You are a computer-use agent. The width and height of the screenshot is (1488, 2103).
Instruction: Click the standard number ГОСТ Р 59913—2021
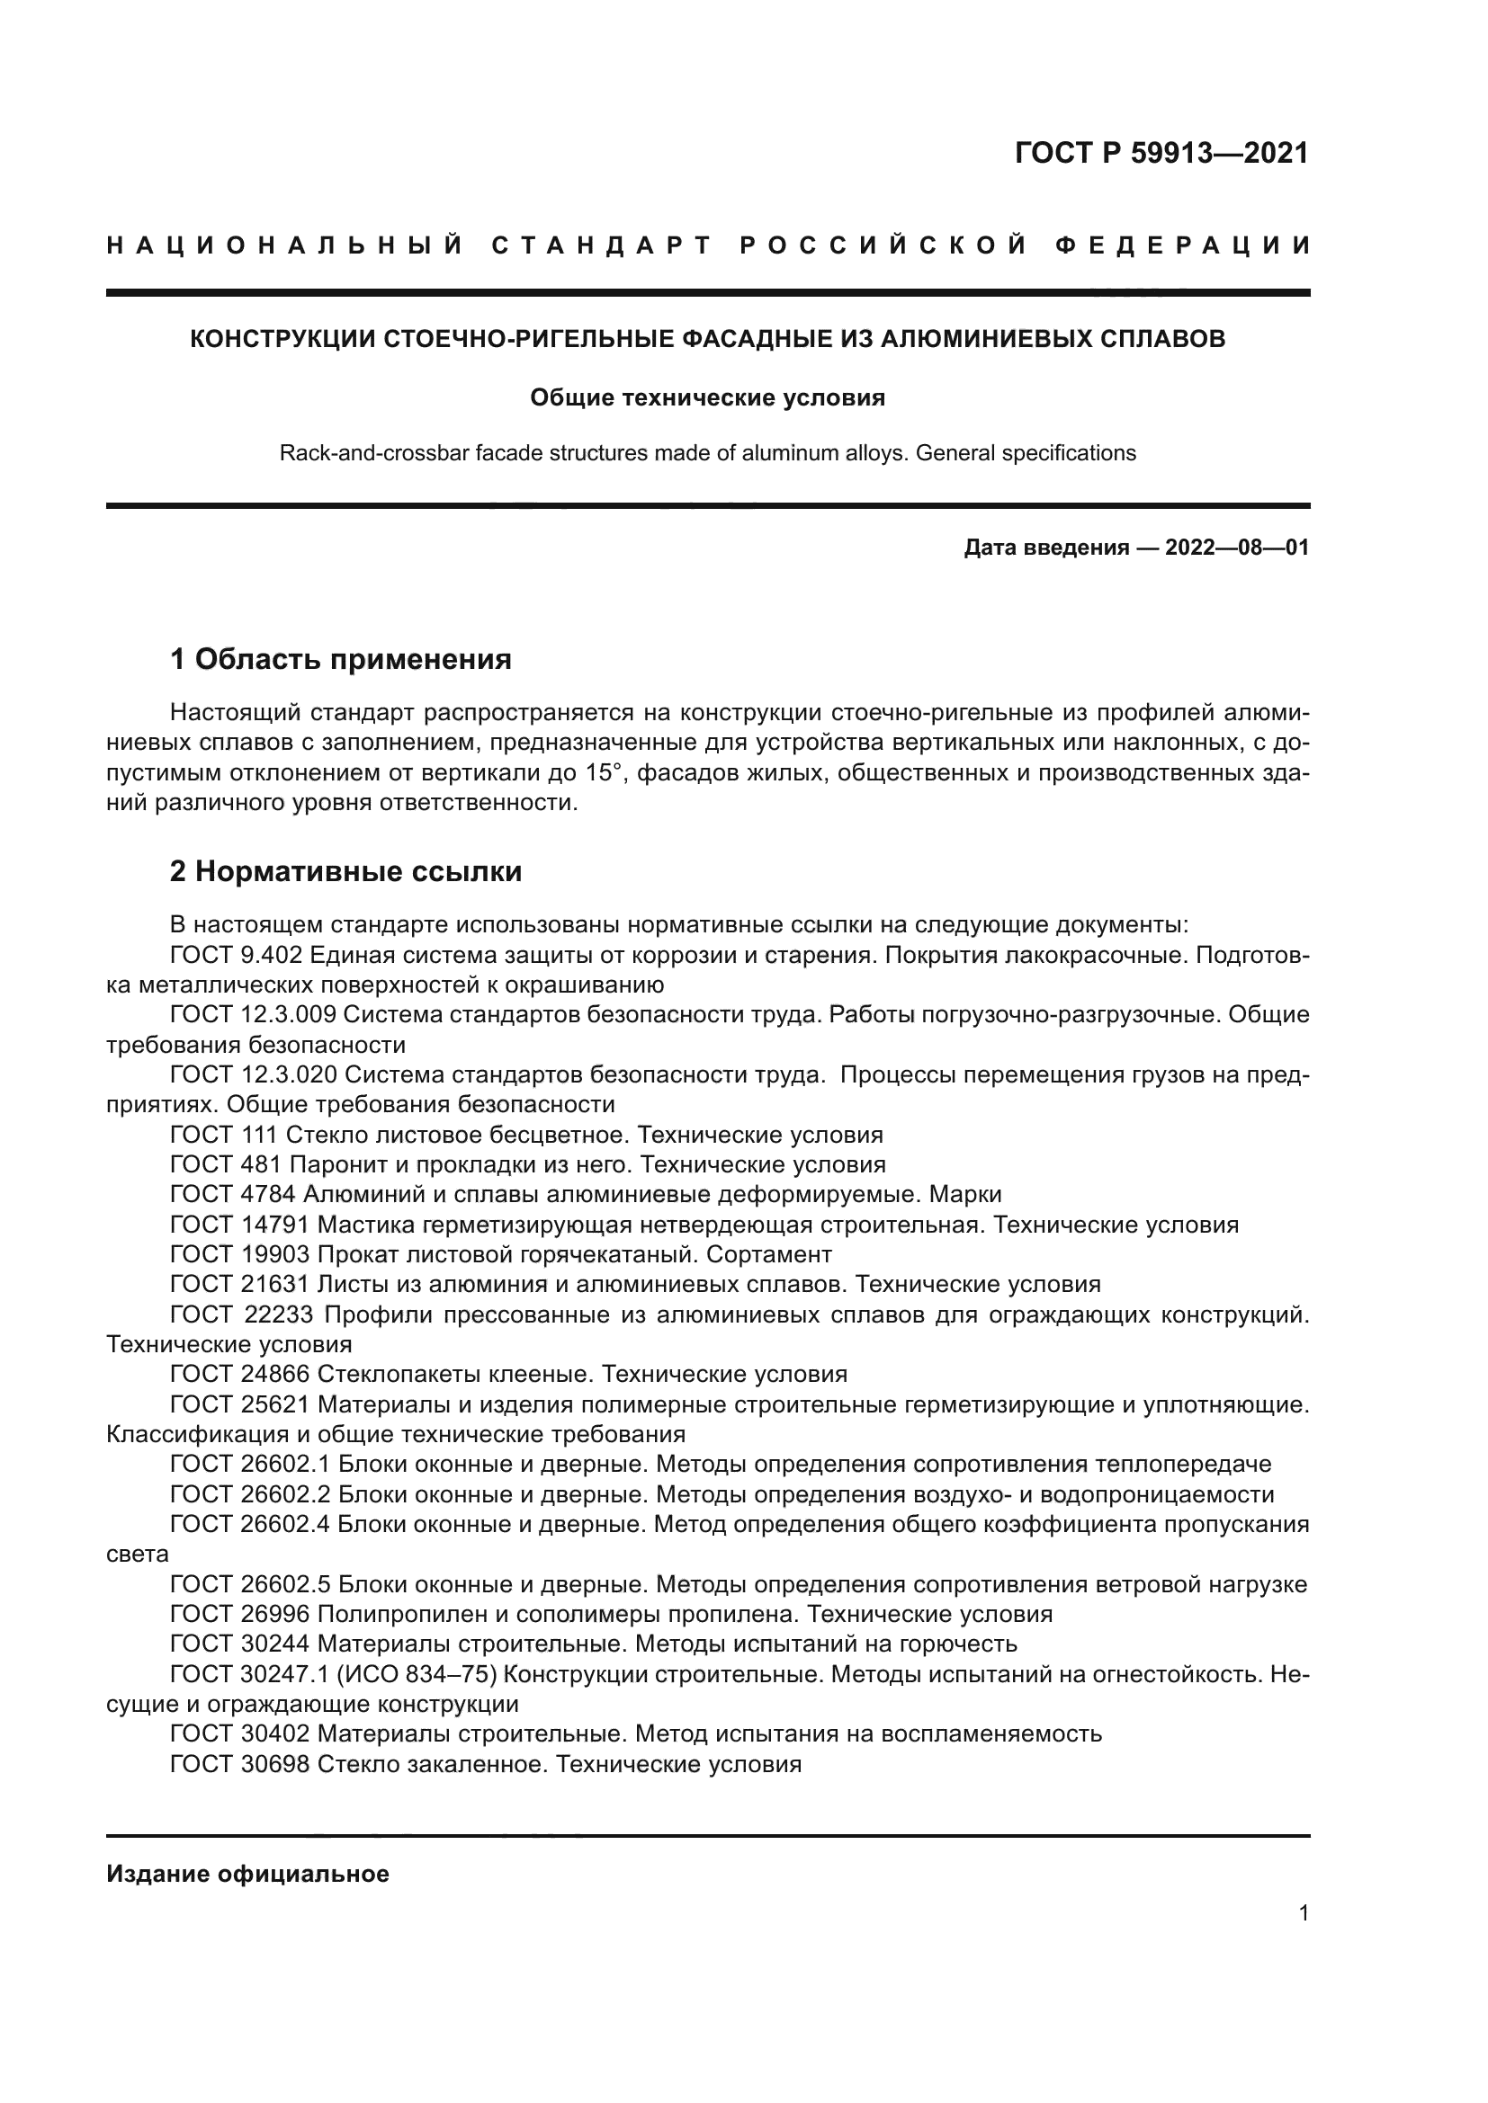pos(1161,153)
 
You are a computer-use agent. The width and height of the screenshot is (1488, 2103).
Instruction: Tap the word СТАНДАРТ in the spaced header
pos(602,245)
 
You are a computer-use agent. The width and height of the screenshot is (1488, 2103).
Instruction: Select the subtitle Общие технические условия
pos(707,397)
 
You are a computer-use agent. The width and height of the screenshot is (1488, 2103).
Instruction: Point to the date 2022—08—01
pos(1236,548)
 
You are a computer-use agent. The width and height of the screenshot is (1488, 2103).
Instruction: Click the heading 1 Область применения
pos(341,658)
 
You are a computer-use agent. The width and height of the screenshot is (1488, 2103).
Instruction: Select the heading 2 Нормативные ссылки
pos(345,871)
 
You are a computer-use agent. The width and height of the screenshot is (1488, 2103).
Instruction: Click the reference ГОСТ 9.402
pos(236,956)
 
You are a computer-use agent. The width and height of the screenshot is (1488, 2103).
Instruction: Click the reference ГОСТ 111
pos(225,1135)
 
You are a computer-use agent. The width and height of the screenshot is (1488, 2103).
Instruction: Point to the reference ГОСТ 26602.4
pos(251,1524)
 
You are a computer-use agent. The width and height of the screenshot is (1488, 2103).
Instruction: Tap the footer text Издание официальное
pos(247,1874)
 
